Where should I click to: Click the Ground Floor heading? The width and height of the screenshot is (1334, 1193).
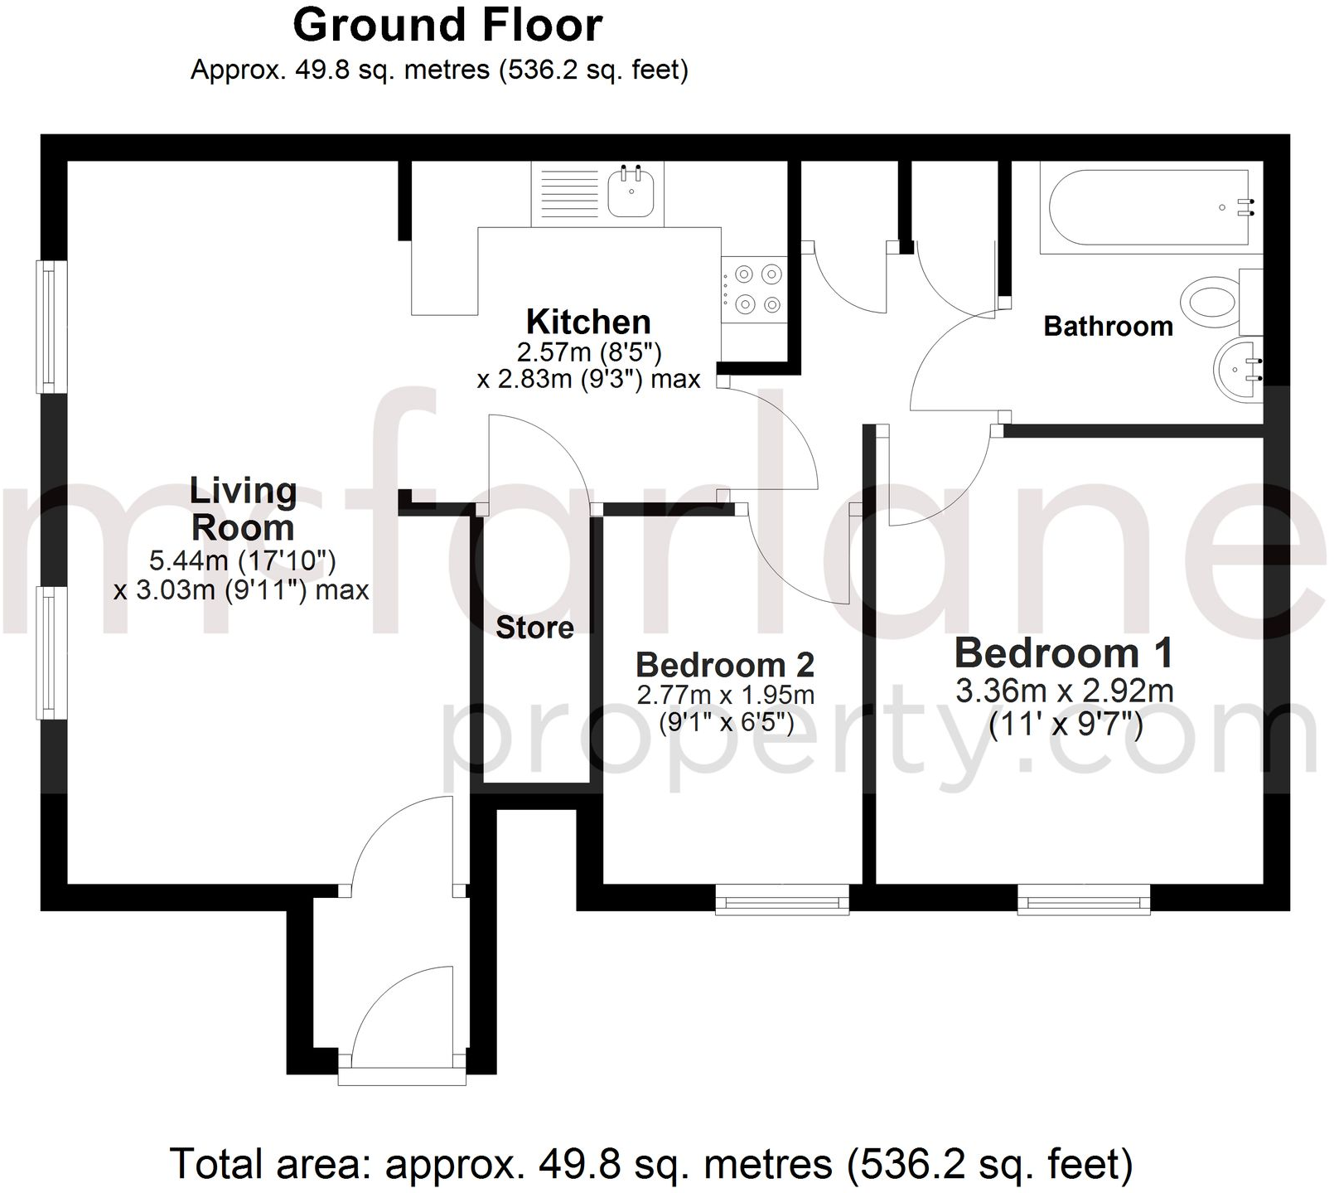(447, 25)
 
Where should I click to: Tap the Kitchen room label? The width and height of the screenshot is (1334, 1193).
(588, 322)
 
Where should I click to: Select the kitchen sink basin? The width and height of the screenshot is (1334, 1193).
(631, 192)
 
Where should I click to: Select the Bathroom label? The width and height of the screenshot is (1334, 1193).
(1108, 327)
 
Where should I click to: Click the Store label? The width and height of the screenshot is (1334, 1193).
(534, 628)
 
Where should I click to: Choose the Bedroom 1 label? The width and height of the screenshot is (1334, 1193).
(1064, 653)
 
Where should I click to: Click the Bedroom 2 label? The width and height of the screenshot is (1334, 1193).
(725, 665)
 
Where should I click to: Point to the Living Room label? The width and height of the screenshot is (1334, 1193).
(243, 508)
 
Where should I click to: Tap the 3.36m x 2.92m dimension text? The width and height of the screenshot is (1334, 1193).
(1064, 691)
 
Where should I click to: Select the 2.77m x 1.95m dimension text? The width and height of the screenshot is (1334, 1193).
(725, 695)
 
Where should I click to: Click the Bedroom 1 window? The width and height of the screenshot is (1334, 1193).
(1084, 900)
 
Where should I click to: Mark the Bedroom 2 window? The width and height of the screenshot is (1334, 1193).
(782, 900)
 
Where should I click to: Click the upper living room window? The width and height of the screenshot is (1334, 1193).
(51, 327)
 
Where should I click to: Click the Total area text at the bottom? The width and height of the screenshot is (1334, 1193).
(650, 1164)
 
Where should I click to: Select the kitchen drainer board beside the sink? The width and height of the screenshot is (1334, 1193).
(568, 194)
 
